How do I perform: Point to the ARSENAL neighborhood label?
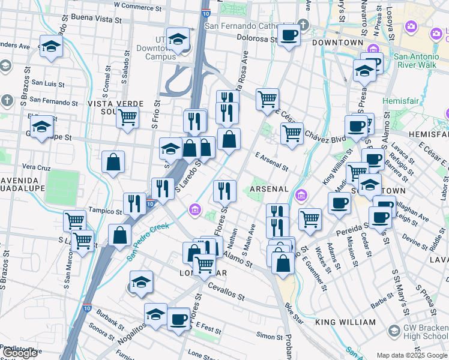click(269, 189)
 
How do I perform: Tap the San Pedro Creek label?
click(148, 239)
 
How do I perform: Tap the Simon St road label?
click(265, 336)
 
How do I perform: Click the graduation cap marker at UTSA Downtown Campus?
click(178, 40)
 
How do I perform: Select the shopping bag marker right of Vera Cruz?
click(113, 161)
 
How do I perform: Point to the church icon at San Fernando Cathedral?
click(304, 25)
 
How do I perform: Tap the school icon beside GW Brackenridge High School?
click(394, 330)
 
